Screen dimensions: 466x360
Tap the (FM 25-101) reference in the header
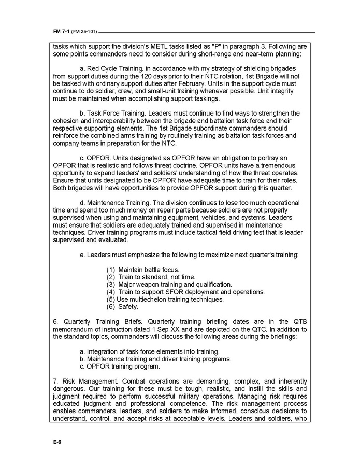coord(84,32)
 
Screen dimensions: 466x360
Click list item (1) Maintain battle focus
coord(142,270)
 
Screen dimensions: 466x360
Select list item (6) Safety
coord(122,307)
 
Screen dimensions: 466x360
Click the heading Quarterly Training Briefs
coord(96,322)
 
